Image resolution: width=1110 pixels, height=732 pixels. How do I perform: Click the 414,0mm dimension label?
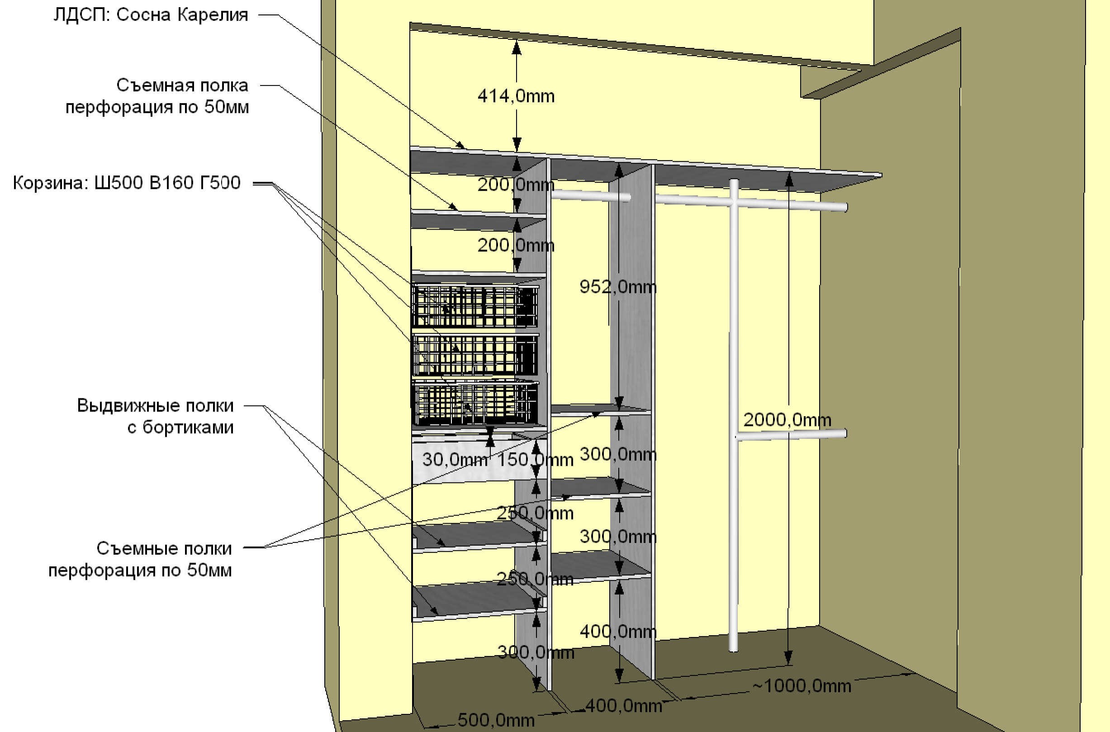516,96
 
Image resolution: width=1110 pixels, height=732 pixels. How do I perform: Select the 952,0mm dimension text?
618,287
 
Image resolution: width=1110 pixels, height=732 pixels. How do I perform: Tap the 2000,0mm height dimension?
787,420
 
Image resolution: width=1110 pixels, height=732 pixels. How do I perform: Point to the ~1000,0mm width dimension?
802,686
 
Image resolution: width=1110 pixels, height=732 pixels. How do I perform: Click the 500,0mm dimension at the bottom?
496,719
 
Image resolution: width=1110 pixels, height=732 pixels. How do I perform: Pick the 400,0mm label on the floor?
623,705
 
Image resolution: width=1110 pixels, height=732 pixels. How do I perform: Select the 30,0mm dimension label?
455,460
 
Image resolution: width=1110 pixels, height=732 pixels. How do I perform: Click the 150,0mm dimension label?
535,460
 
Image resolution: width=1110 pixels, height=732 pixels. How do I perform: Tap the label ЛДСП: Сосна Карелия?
150,15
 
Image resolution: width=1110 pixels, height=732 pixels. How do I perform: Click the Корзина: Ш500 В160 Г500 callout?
127,183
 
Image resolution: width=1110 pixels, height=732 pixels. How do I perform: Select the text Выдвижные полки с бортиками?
155,416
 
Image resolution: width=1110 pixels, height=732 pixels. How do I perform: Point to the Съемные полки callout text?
140,559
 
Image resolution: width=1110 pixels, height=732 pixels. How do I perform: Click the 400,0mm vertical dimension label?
618,632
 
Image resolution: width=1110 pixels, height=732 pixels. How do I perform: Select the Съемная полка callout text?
157,96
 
